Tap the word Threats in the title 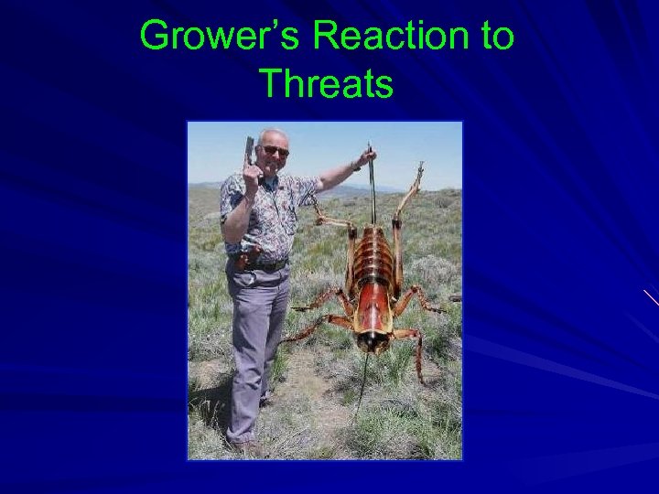click(x=327, y=83)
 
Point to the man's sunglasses click(x=274, y=150)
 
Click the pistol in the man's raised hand click(x=249, y=151)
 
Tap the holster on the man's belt click(x=243, y=261)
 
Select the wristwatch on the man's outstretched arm click(x=355, y=166)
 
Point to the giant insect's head click(x=372, y=339)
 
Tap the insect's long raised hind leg click(x=407, y=197)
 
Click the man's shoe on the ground click(x=247, y=446)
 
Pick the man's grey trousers click(x=255, y=338)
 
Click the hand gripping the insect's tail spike click(x=367, y=156)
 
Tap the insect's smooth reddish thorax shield click(x=373, y=306)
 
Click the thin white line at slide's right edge click(x=651, y=296)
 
